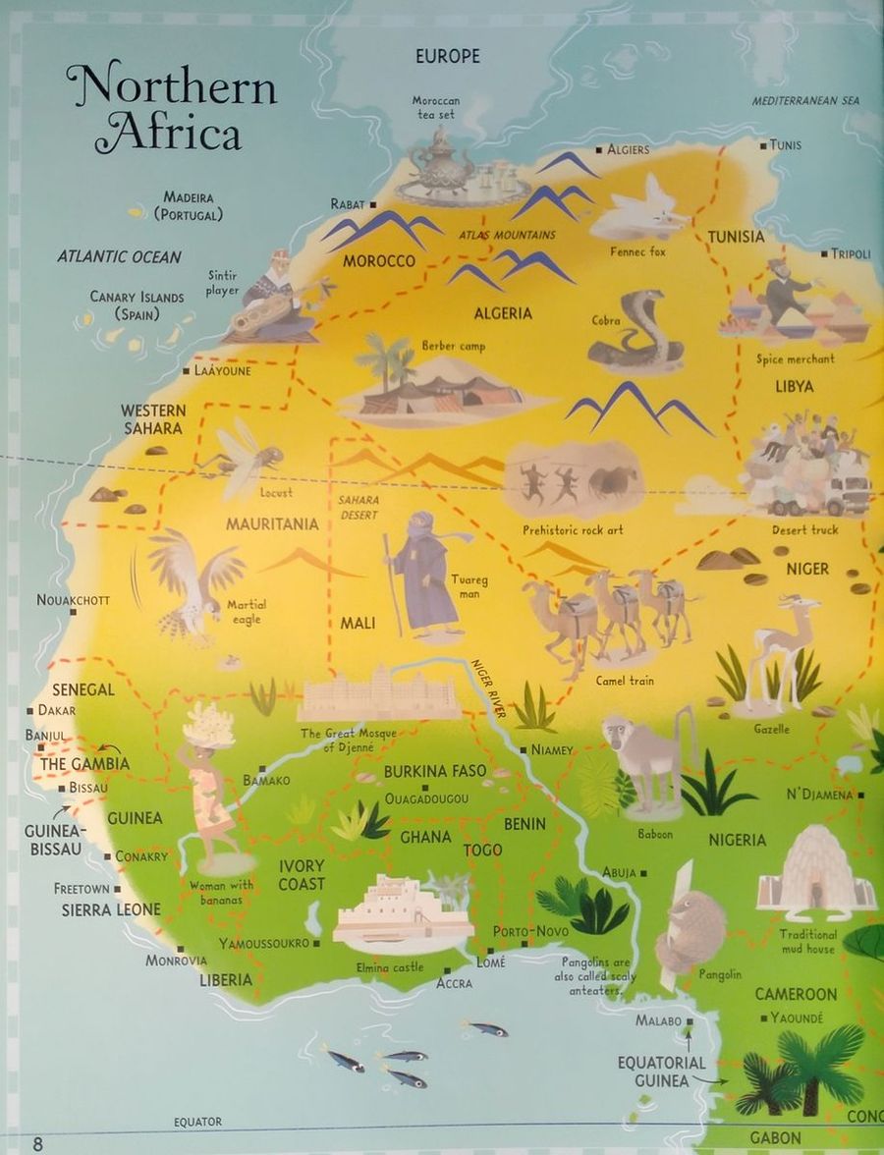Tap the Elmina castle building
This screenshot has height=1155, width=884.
click(403, 913)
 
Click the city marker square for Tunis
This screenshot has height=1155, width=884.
click(763, 145)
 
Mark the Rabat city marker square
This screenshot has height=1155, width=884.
click(373, 204)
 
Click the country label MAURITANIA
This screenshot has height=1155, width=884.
click(272, 524)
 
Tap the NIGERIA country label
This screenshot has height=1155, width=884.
click(737, 840)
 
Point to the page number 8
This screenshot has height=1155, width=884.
click(38, 1142)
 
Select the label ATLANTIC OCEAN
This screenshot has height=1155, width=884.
click(119, 257)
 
